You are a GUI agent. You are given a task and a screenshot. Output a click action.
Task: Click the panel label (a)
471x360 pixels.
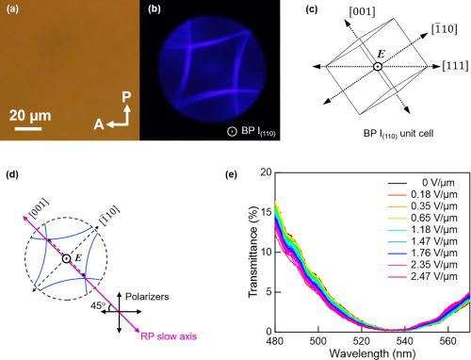(11, 10)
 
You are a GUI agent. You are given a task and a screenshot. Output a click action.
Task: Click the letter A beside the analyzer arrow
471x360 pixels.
(97, 122)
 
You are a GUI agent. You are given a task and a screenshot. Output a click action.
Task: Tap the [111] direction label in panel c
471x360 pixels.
(452, 67)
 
